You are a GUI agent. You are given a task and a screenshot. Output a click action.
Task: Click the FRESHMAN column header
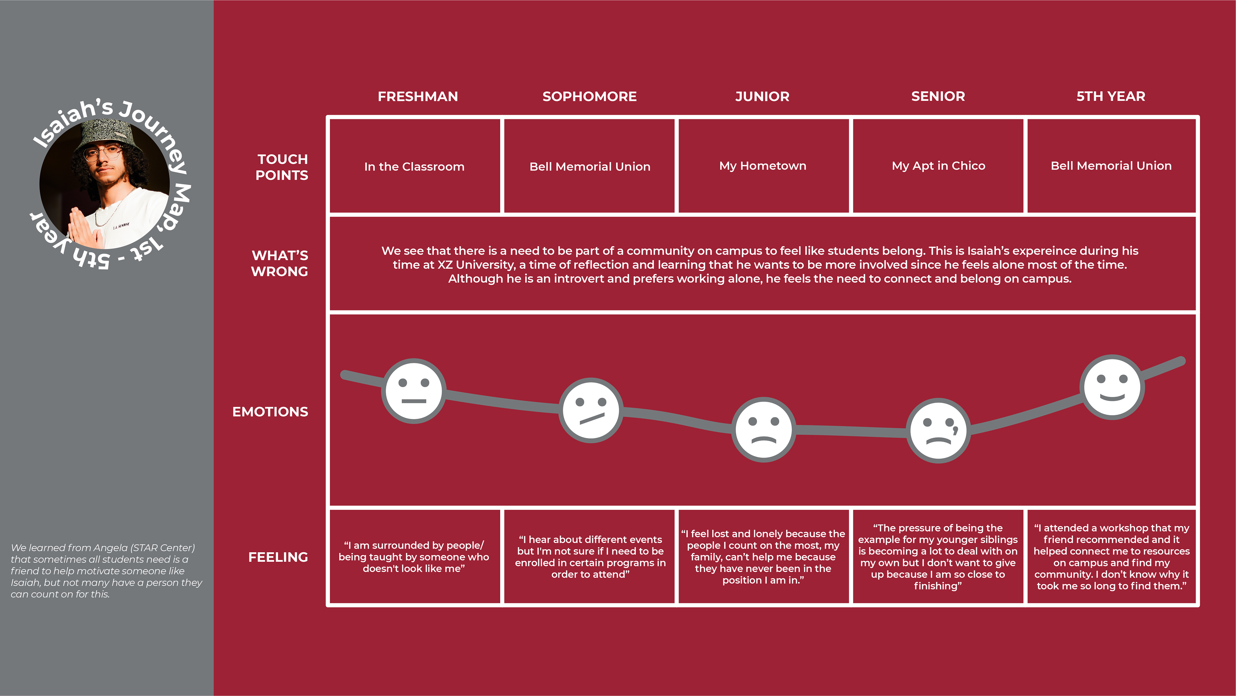(x=417, y=97)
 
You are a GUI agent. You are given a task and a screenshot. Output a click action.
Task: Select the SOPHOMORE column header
(x=589, y=97)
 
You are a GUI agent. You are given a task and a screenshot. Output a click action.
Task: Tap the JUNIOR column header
(x=762, y=97)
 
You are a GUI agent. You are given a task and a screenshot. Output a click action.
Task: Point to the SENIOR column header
(x=938, y=97)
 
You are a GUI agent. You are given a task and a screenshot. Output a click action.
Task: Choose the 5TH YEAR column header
(x=1110, y=97)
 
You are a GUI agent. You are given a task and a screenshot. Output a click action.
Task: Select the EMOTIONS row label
(x=270, y=412)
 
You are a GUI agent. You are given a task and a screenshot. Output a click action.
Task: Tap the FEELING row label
(x=278, y=557)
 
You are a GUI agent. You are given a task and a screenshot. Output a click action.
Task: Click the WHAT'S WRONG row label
(x=280, y=263)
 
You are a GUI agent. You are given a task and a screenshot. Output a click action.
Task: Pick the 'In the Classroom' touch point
(x=414, y=167)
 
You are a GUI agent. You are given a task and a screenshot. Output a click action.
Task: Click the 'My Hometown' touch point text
(x=763, y=166)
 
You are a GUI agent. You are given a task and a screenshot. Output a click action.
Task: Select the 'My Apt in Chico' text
(x=938, y=166)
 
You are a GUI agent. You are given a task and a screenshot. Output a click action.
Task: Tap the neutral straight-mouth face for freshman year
(x=414, y=391)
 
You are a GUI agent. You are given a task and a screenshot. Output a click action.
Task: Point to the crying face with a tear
(x=938, y=430)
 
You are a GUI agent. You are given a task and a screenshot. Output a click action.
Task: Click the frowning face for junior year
(x=763, y=430)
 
